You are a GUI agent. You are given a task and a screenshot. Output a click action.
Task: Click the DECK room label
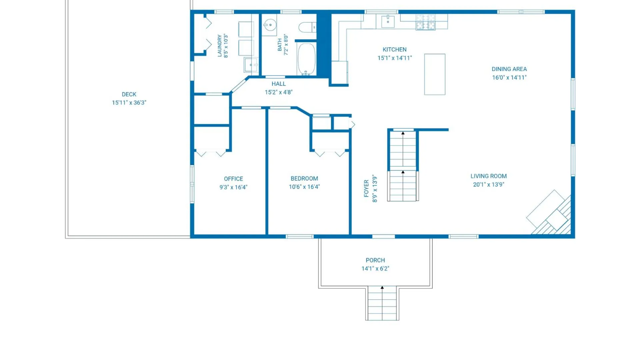click(129, 94)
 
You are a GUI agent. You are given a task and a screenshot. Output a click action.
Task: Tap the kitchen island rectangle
click(435, 74)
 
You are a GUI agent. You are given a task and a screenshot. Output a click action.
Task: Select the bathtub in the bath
click(306, 59)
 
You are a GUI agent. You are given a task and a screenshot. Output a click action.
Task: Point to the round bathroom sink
click(270, 25)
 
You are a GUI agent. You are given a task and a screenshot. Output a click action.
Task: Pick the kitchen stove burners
click(426, 22)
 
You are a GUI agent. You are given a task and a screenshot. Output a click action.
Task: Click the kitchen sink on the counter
click(388, 21)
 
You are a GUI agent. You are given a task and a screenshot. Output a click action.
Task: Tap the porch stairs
click(382, 303)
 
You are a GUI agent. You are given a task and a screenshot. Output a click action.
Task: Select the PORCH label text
click(375, 260)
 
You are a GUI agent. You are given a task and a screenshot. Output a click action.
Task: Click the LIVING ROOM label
click(489, 176)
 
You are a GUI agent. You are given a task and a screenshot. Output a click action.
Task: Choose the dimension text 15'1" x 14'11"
click(395, 58)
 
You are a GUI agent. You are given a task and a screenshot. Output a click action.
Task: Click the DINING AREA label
click(509, 69)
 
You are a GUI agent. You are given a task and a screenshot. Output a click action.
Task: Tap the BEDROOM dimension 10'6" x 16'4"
click(304, 187)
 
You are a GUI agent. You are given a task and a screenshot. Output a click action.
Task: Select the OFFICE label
click(233, 179)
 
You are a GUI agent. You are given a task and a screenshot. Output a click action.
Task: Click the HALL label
click(279, 84)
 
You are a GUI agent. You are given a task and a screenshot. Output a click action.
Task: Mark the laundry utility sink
click(251, 65)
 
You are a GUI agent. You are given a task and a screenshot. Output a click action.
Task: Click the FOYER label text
click(366, 189)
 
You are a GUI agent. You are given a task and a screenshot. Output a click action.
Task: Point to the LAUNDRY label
click(220, 46)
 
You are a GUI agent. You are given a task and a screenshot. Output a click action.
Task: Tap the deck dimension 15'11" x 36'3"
click(129, 103)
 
